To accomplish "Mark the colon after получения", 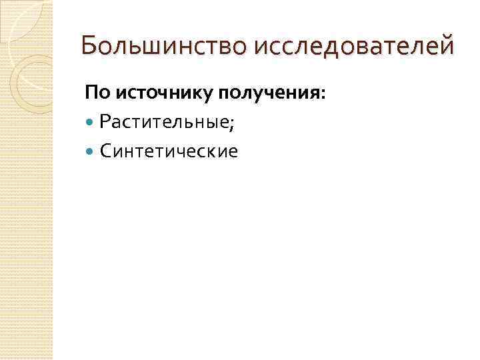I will [323, 95].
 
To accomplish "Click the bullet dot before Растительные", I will [91, 121].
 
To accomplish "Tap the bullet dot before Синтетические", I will [91, 151].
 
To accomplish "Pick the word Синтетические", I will [169, 151].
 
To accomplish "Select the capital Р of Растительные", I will [105, 121].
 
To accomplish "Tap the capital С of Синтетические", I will [105, 151].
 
